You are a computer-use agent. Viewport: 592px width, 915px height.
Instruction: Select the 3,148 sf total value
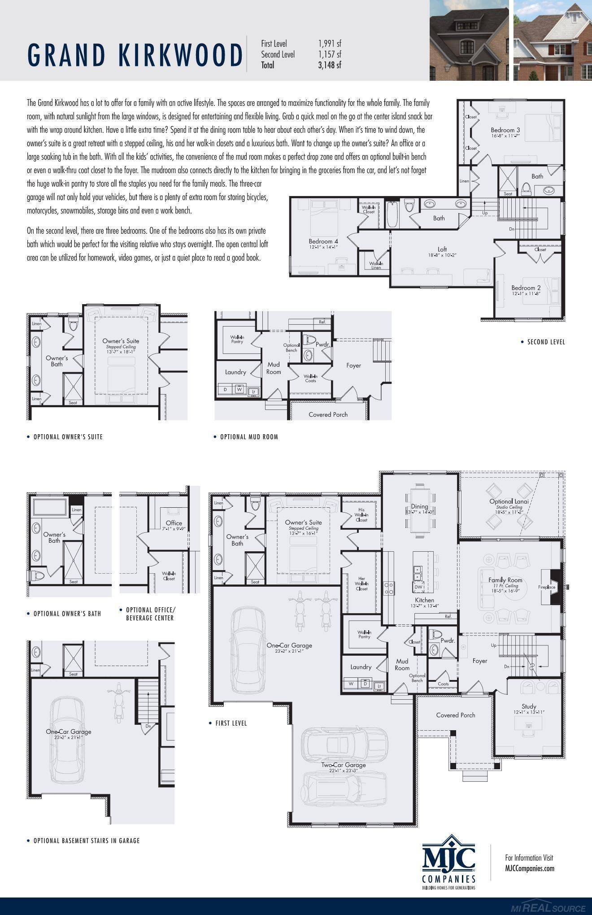point(330,65)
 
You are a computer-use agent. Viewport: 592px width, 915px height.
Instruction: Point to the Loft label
point(442,249)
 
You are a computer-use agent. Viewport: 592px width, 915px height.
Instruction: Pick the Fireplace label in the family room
point(547,587)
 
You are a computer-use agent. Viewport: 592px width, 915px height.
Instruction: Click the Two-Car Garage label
point(343,765)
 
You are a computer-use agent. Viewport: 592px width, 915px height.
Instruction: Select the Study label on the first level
point(529,706)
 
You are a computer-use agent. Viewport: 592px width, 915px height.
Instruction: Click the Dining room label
point(420,506)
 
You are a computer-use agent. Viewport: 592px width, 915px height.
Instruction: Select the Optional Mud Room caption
point(249,437)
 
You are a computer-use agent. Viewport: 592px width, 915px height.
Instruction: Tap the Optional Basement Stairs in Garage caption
point(87,841)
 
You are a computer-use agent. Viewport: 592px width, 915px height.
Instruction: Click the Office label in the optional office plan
point(174,523)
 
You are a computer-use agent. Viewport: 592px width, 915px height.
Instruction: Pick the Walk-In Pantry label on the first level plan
point(364,634)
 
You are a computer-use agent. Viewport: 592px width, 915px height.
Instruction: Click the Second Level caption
point(546,342)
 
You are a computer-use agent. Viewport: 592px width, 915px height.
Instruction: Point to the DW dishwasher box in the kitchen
point(418,587)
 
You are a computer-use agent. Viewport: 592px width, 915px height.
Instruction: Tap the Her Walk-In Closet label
point(361,584)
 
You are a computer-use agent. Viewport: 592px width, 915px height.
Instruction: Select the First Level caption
point(231,723)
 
